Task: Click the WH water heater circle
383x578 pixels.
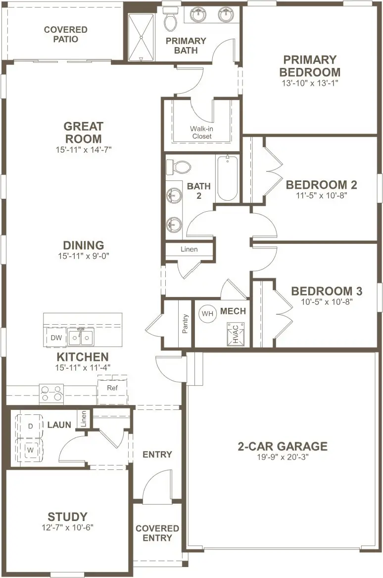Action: coord(207,314)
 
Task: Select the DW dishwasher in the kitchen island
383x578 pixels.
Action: coord(56,337)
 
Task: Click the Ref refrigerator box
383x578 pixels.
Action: coord(113,389)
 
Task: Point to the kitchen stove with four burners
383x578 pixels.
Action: coord(51,393)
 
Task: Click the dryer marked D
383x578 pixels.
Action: coord(30,426)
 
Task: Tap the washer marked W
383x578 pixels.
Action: coord(30,450)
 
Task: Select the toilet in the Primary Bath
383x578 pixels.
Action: coord(170,19)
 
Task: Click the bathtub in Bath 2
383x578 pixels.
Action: coord(228,178)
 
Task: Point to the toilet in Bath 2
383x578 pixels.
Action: coord(178,168)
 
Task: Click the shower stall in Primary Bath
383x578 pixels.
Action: coord(142,37)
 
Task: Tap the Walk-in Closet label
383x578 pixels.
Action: coord(201,132)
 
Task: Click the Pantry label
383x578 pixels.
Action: coord(185,324)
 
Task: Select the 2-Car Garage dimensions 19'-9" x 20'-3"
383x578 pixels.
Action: coord(283,457)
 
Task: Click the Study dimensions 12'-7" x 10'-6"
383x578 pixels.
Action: coord(68,527)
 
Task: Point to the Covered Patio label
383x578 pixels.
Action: coord(66,34)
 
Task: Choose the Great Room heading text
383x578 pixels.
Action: coord(83,133)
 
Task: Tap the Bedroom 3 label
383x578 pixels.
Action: coord(327,291)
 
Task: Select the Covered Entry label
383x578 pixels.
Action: coord(157,533)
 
